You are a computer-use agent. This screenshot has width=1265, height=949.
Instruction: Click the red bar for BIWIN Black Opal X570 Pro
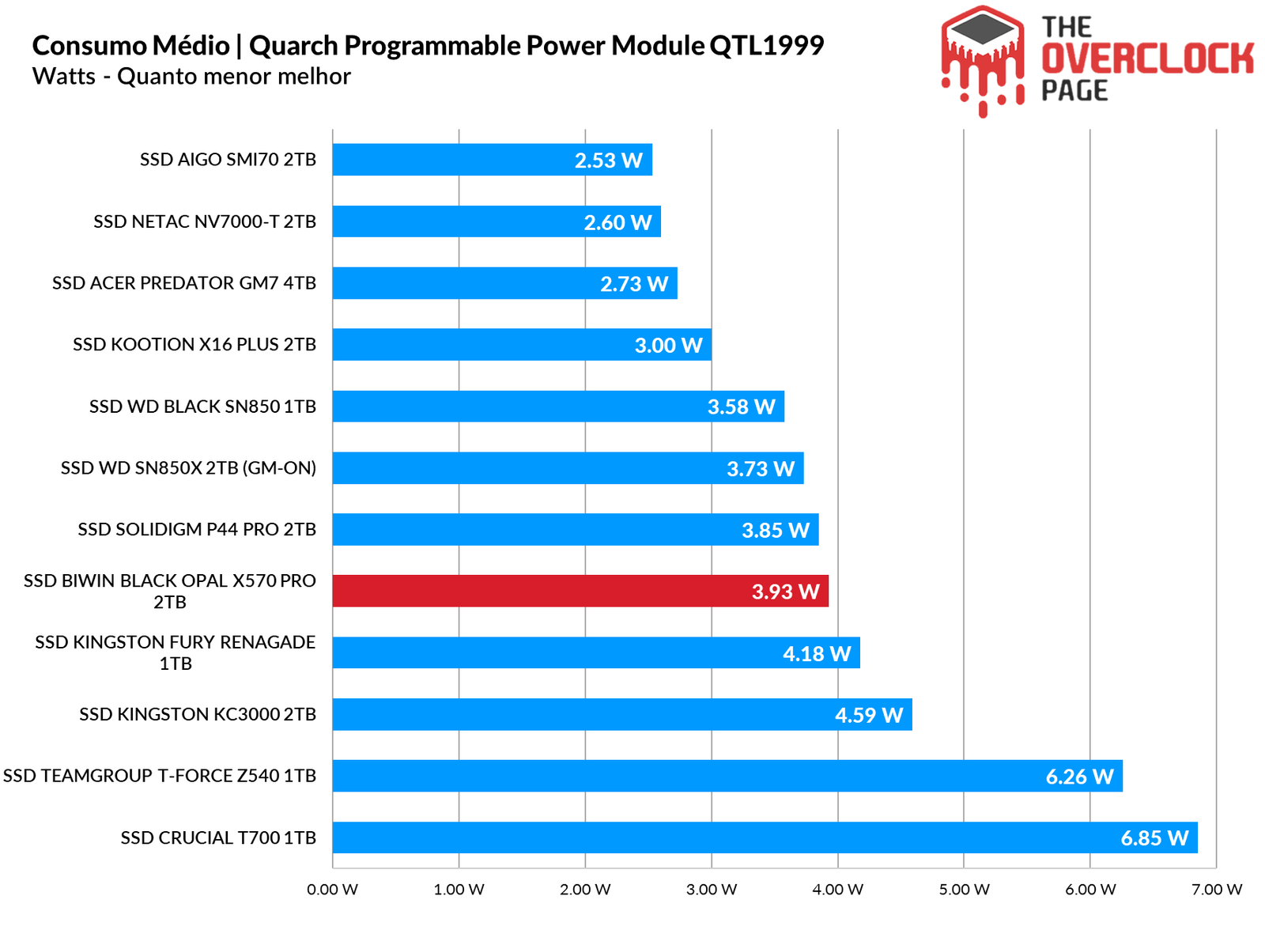[580, 591]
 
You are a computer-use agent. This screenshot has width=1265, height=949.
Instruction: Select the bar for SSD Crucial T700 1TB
[765, 837]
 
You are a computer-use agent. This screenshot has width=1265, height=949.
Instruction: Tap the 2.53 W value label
[608, 161]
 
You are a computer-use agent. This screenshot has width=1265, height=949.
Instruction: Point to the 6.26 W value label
[1079, 777]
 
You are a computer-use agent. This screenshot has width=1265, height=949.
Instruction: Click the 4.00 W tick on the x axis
[837, 890]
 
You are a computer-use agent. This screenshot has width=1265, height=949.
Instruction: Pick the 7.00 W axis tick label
[1217, 890]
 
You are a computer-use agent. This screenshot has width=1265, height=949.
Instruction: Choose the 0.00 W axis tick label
[333, 890]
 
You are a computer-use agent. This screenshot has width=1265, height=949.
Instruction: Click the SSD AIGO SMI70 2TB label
[228, 160]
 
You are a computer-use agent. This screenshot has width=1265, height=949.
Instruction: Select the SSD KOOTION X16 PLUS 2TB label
[194, 345]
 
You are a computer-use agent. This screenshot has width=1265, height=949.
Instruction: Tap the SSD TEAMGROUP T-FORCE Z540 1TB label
[160, 776]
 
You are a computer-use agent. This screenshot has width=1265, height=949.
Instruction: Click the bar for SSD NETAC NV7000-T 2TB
[497, 221]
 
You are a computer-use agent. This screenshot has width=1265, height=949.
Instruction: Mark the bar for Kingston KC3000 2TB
[622, 714]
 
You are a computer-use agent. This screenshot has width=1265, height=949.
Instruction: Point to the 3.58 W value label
[741, 407]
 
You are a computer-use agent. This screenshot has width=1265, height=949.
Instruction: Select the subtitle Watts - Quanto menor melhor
[191, 77]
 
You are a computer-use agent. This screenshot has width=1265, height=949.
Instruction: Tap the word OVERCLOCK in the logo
[1147, 59]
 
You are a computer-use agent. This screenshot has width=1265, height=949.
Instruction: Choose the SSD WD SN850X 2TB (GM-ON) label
[188, 468]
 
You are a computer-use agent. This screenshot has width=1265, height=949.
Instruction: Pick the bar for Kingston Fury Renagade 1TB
[596, 652]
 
